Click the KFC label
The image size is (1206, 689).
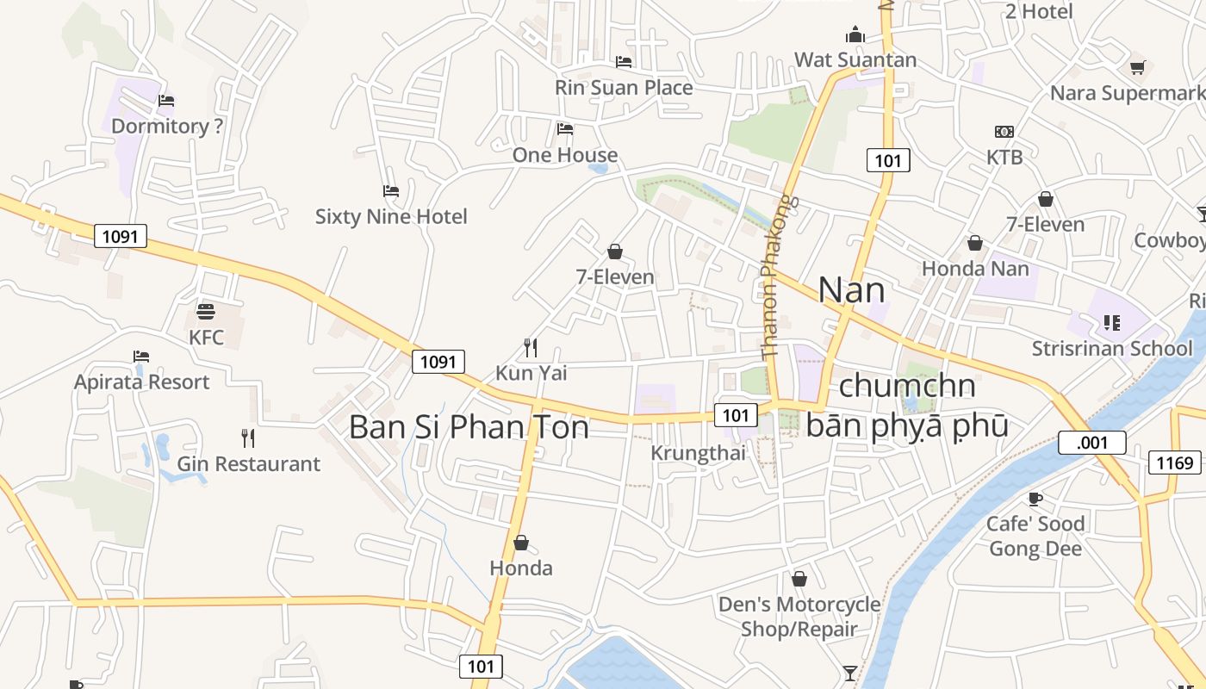point(206,337)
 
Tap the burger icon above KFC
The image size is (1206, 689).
point(206,311)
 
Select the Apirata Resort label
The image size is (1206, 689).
point(142,382)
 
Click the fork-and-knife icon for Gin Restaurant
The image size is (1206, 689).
point(248,438)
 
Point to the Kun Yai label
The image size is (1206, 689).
point(531,373)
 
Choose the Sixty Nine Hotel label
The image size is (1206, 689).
point(391,216)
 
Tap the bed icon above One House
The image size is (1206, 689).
point(565,129)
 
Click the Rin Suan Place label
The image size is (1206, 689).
point(624,88)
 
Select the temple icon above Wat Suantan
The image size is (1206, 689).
point(855,34)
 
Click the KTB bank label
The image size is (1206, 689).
point(1004,157)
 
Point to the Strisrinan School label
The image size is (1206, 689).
point(1112,348)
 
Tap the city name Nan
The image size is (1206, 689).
point(851,290)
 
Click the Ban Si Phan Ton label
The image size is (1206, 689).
point(469,427)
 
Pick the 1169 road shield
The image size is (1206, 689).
point(1174,463)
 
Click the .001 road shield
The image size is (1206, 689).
point(1091,443)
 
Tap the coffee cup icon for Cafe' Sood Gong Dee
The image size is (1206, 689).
point(1035,499)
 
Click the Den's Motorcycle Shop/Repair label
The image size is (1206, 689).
point(799,617)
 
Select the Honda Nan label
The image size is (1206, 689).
point(975,268)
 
